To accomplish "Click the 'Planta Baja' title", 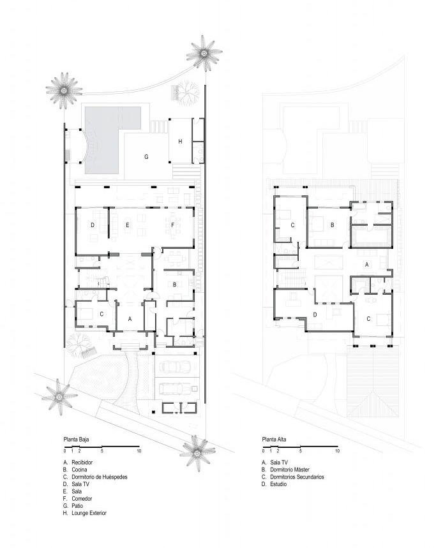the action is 76,440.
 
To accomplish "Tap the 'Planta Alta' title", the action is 274,440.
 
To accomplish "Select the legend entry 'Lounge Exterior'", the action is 89,513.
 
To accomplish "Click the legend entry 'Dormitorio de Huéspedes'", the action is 100,477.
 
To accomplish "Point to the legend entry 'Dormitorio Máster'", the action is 290,470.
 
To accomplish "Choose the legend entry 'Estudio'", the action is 278,484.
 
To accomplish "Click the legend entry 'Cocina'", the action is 79,470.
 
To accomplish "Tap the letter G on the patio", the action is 146,157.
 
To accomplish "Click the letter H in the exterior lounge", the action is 180,142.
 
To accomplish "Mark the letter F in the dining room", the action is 172,225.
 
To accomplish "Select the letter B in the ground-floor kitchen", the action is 175,285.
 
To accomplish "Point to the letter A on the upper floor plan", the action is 367,265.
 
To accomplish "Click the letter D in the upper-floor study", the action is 315,315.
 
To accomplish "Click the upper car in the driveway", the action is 175,367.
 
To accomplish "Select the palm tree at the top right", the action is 204,54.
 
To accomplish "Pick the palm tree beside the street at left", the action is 59,397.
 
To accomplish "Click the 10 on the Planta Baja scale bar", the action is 139,451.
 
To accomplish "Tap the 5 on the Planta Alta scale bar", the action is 300,451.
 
